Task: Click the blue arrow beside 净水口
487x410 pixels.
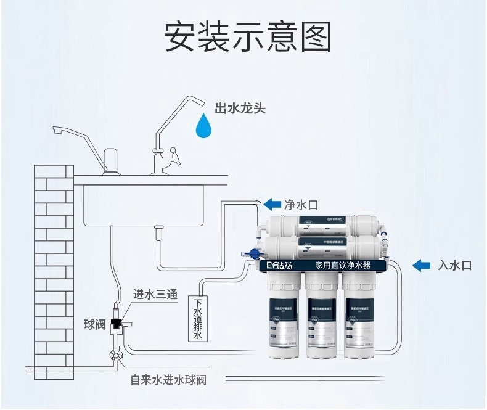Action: pos(271,204)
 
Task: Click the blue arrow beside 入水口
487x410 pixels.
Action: pos(422,265)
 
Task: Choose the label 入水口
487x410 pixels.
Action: pos(454,266)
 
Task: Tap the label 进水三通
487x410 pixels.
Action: pos(155,294)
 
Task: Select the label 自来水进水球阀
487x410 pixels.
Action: pos(168,380)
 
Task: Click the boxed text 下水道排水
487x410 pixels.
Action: pos(198,318)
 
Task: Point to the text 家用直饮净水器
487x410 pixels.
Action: pos(342,266)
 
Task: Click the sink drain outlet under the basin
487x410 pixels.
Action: pos(158,233)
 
